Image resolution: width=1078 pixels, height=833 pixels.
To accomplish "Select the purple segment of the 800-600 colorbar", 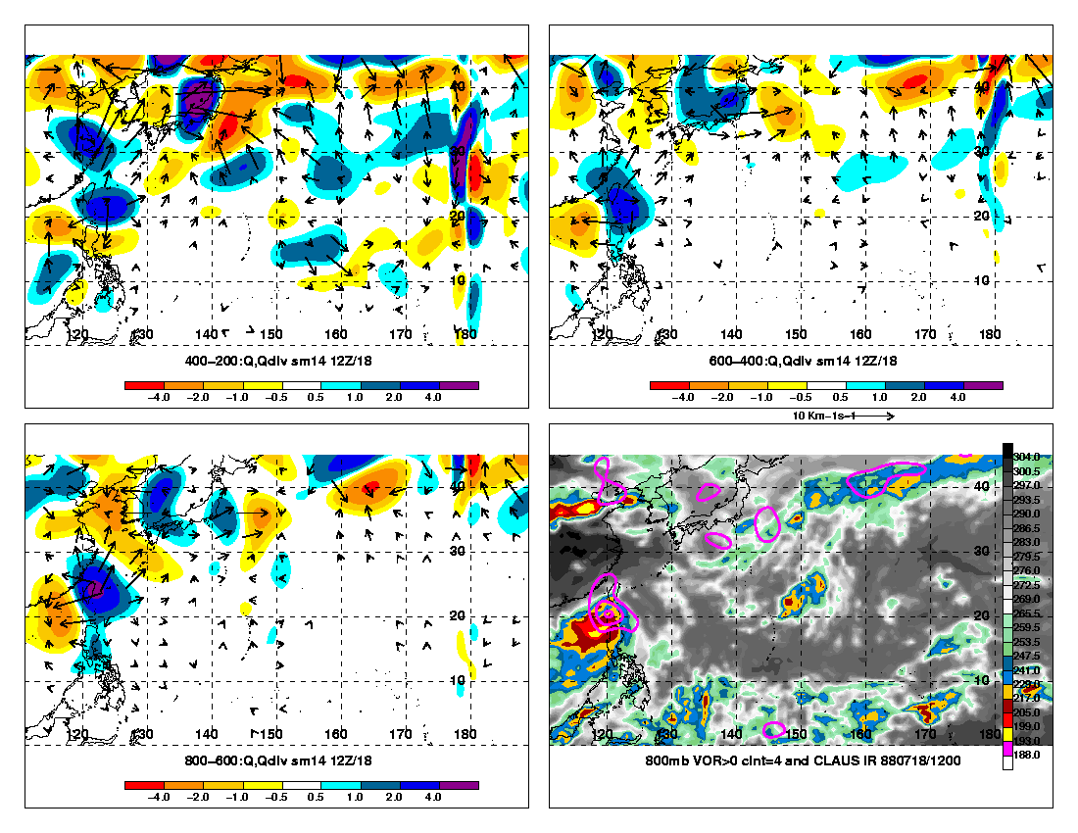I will click(459, 785).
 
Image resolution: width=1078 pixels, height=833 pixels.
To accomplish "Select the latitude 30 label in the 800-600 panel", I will click(456, 551).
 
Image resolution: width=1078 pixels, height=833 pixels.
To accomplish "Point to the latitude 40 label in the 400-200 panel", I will click(456, 86).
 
